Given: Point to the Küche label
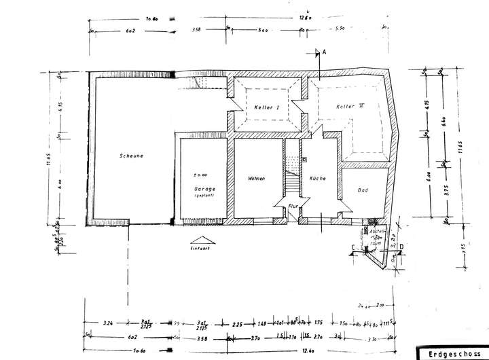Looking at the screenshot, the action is pyautogui.click(x=317, y=179).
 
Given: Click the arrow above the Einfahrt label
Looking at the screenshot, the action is pyautogui.click(x=202, y=240).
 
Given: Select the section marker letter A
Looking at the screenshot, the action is pyautogui.click(x=325, y=52).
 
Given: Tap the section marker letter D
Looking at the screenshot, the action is pyautogui.click(x=402, y=247).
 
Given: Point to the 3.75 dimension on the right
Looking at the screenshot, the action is pyautogui.click(x=430, y=190).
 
